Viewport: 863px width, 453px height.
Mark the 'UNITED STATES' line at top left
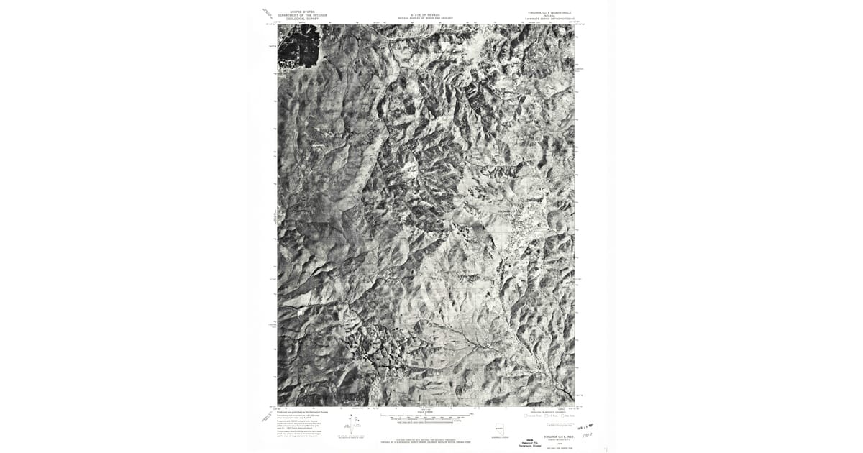[x=302, y=12]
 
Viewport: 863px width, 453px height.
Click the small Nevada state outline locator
[x=499, y=429]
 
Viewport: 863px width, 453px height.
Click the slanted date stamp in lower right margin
[x=586, y=427]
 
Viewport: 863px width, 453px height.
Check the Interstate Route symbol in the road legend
[x=526, y=416]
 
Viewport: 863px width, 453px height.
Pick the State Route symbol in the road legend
[x=562, y=416]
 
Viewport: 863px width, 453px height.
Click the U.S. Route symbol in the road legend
[x=546, y=416]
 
